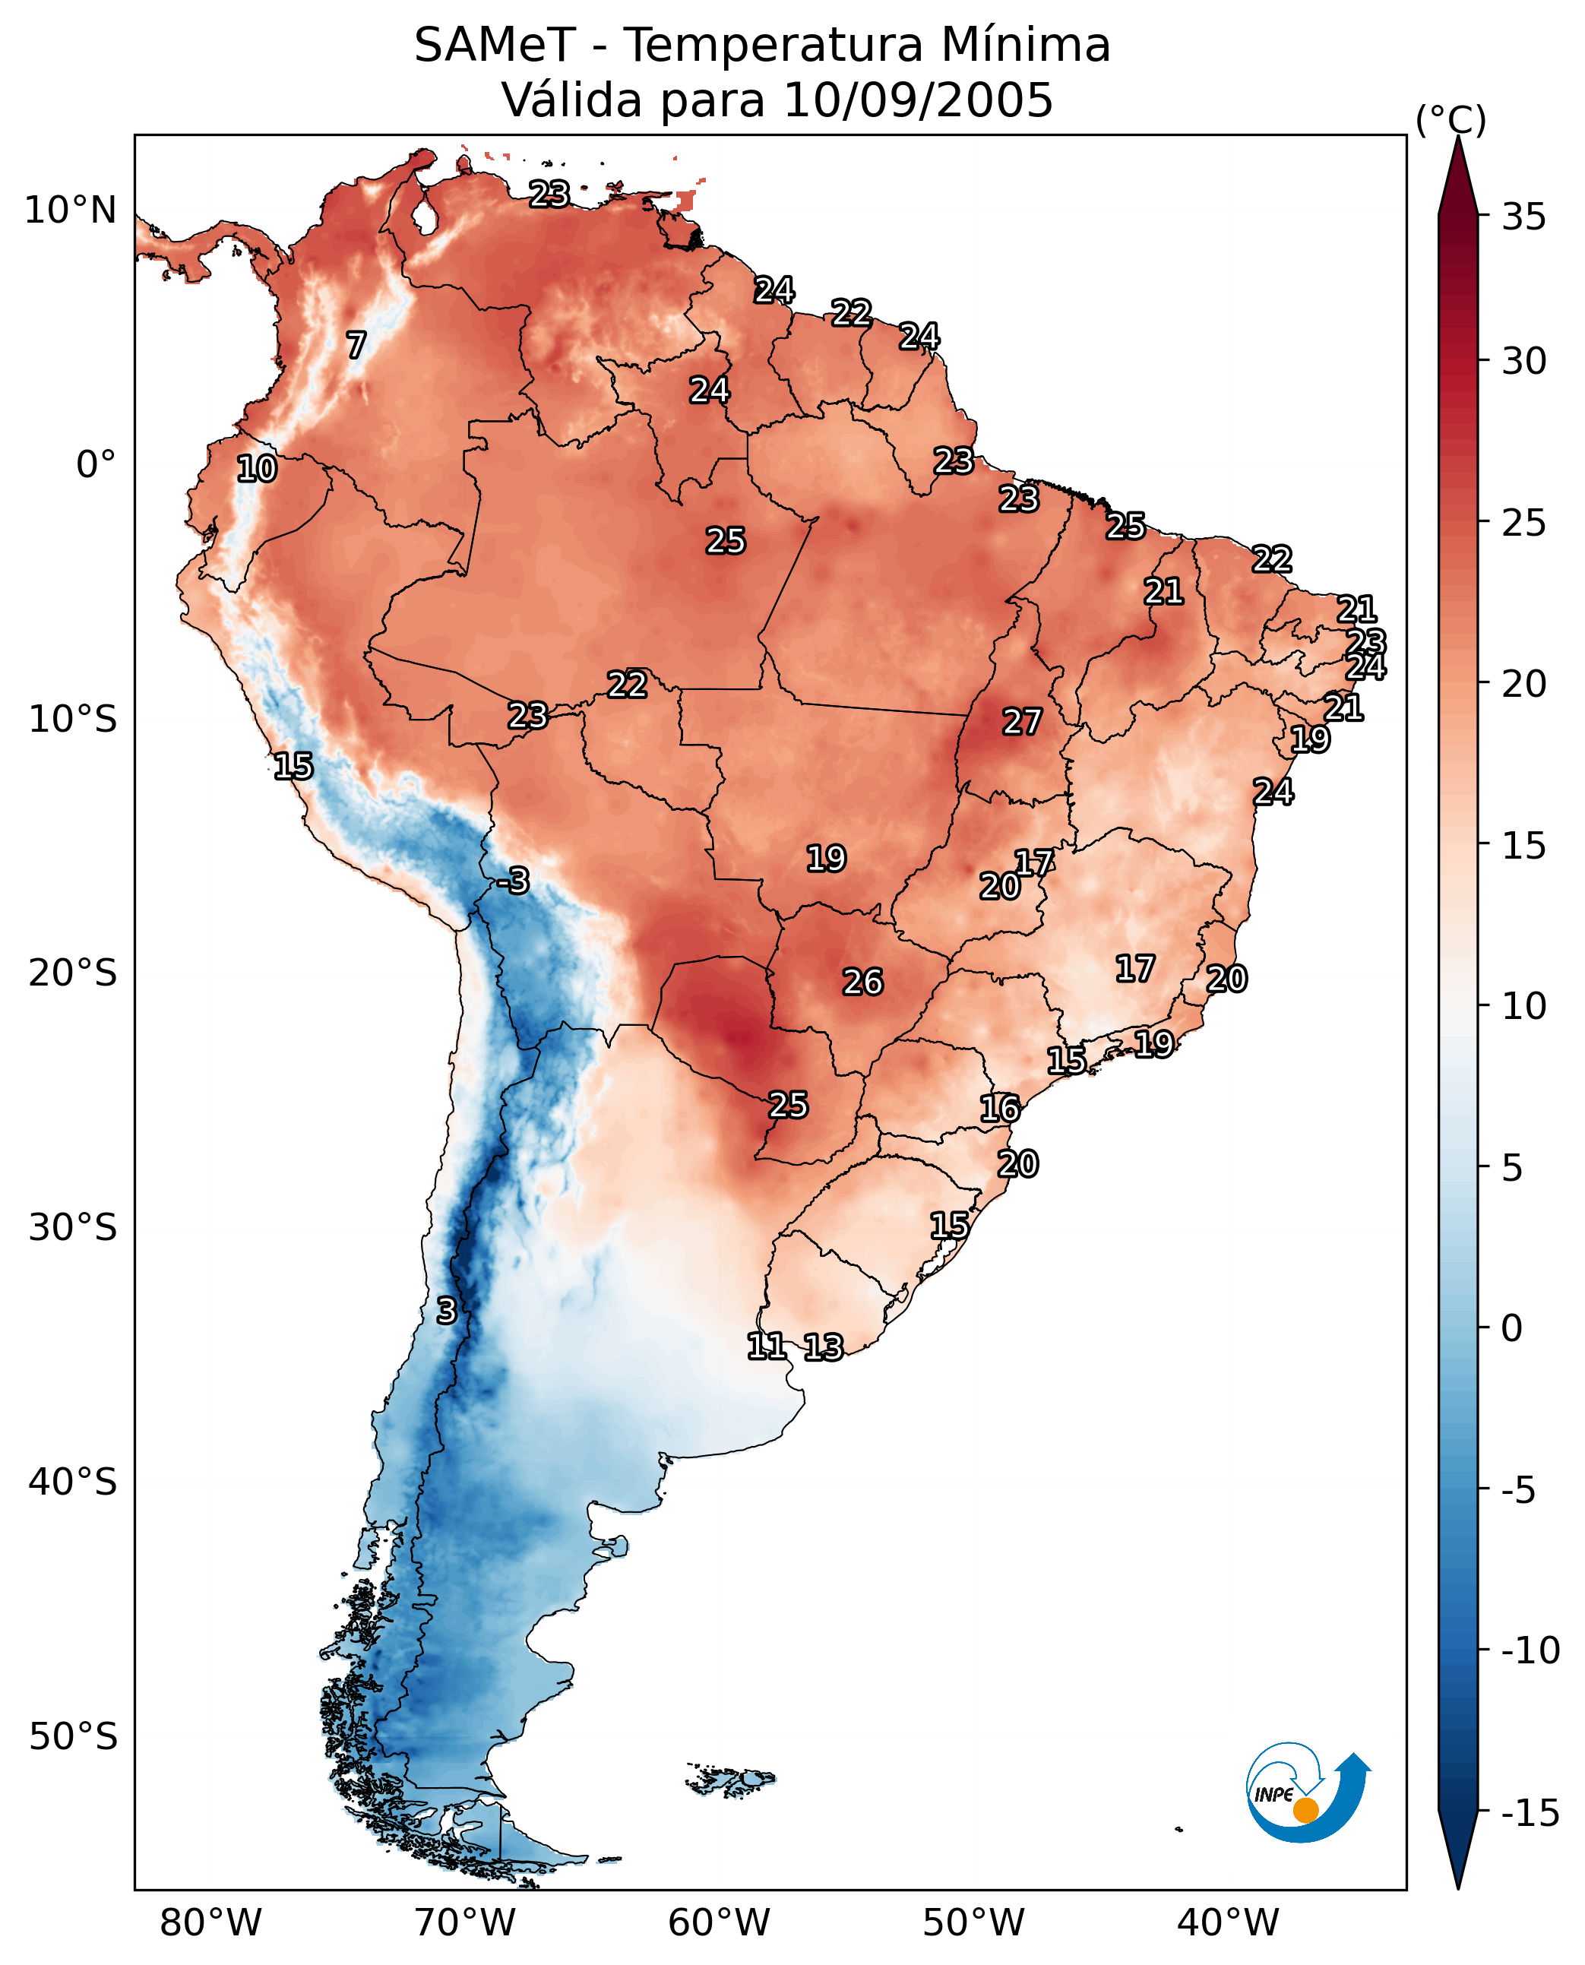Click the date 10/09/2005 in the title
918,100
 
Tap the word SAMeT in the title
494,46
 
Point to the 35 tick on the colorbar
1523,217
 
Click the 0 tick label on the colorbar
1512,1328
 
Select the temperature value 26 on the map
862,982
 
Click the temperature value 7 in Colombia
356,345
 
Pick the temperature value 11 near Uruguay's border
766,1346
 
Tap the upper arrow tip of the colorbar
1458,141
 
